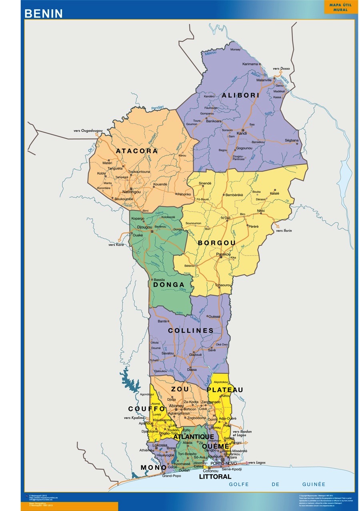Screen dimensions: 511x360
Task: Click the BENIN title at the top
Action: (x=44, y=14)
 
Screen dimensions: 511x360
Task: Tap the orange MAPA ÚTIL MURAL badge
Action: (x=340, y=7)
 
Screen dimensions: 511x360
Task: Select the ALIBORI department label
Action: (x=241, y=95)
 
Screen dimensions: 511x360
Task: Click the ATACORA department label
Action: (x=137, y=151)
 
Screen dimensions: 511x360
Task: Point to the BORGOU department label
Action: (x=216, y=243)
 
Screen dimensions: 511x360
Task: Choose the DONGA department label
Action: (x=168, y=285)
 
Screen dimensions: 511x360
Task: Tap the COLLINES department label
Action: (x=191, y=331)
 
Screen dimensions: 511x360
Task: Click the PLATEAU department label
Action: (x=225, y=390)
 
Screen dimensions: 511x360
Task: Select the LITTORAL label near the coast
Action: (x=215, y=477)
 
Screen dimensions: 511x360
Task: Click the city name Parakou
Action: (x=223, y=254)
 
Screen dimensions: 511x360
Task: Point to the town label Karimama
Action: (x=250, y=64)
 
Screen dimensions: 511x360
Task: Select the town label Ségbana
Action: (x=292, y=140)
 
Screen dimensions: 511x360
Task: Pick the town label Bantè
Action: (x=162, y=321)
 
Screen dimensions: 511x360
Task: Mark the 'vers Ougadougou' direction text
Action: (x=88, y=131)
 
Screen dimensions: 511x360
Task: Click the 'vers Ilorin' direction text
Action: (x=284, y=231)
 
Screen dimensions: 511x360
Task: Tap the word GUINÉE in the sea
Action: (x=314, y=484)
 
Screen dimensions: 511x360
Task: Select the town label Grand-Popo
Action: (x=169, y=476)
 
